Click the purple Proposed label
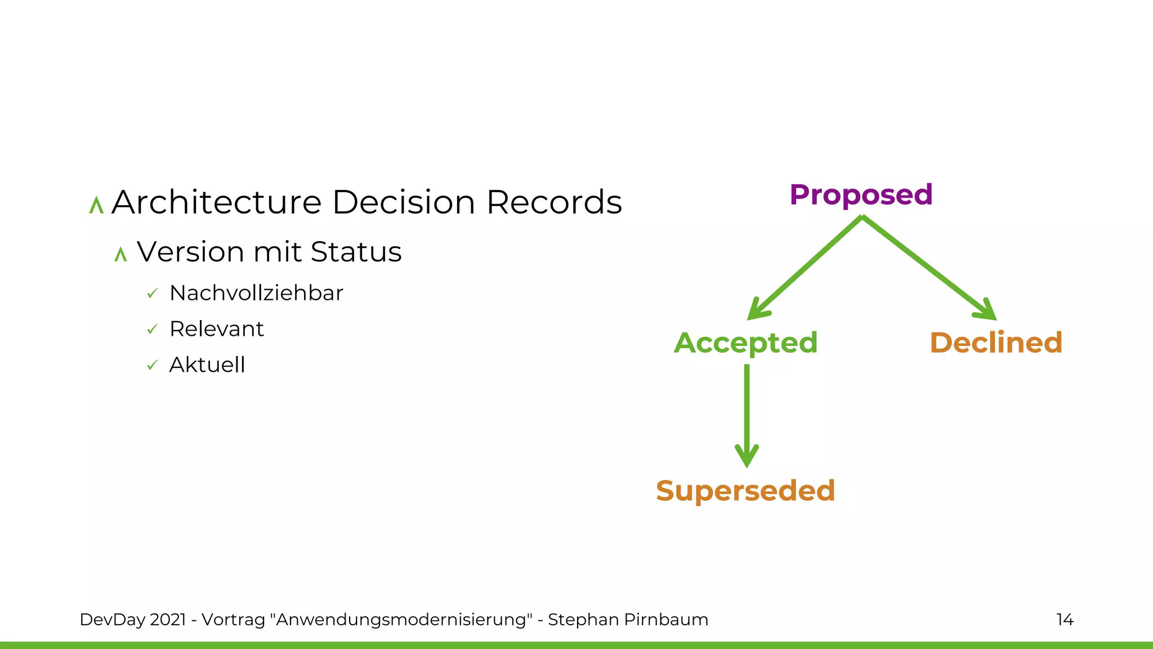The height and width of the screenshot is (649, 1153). [861, 195]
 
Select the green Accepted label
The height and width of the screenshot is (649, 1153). [745, 343]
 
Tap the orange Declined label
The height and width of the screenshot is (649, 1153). [995, 343]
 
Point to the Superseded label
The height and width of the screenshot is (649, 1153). [745, 491]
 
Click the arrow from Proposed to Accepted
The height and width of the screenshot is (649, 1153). [805, 268]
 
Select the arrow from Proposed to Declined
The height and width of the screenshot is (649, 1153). [929, 268]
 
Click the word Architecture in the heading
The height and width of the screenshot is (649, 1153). [216, 202]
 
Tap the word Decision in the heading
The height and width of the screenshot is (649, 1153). [404, 202]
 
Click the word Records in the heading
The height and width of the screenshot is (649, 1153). [554, 202]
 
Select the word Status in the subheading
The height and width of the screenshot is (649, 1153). [356, 252]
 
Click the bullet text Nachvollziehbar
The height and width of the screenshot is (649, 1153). [256, 294]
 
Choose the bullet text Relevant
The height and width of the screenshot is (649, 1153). [216, 329]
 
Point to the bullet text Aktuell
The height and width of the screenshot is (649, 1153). [207, 365]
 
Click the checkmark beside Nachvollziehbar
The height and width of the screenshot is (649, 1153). [152, 294]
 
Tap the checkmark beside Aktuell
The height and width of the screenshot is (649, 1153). [152, 366]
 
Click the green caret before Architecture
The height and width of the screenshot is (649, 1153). [96, 205]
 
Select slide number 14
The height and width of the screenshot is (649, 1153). [1065, 620]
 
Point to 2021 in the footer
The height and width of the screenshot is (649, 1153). [168, 620]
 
